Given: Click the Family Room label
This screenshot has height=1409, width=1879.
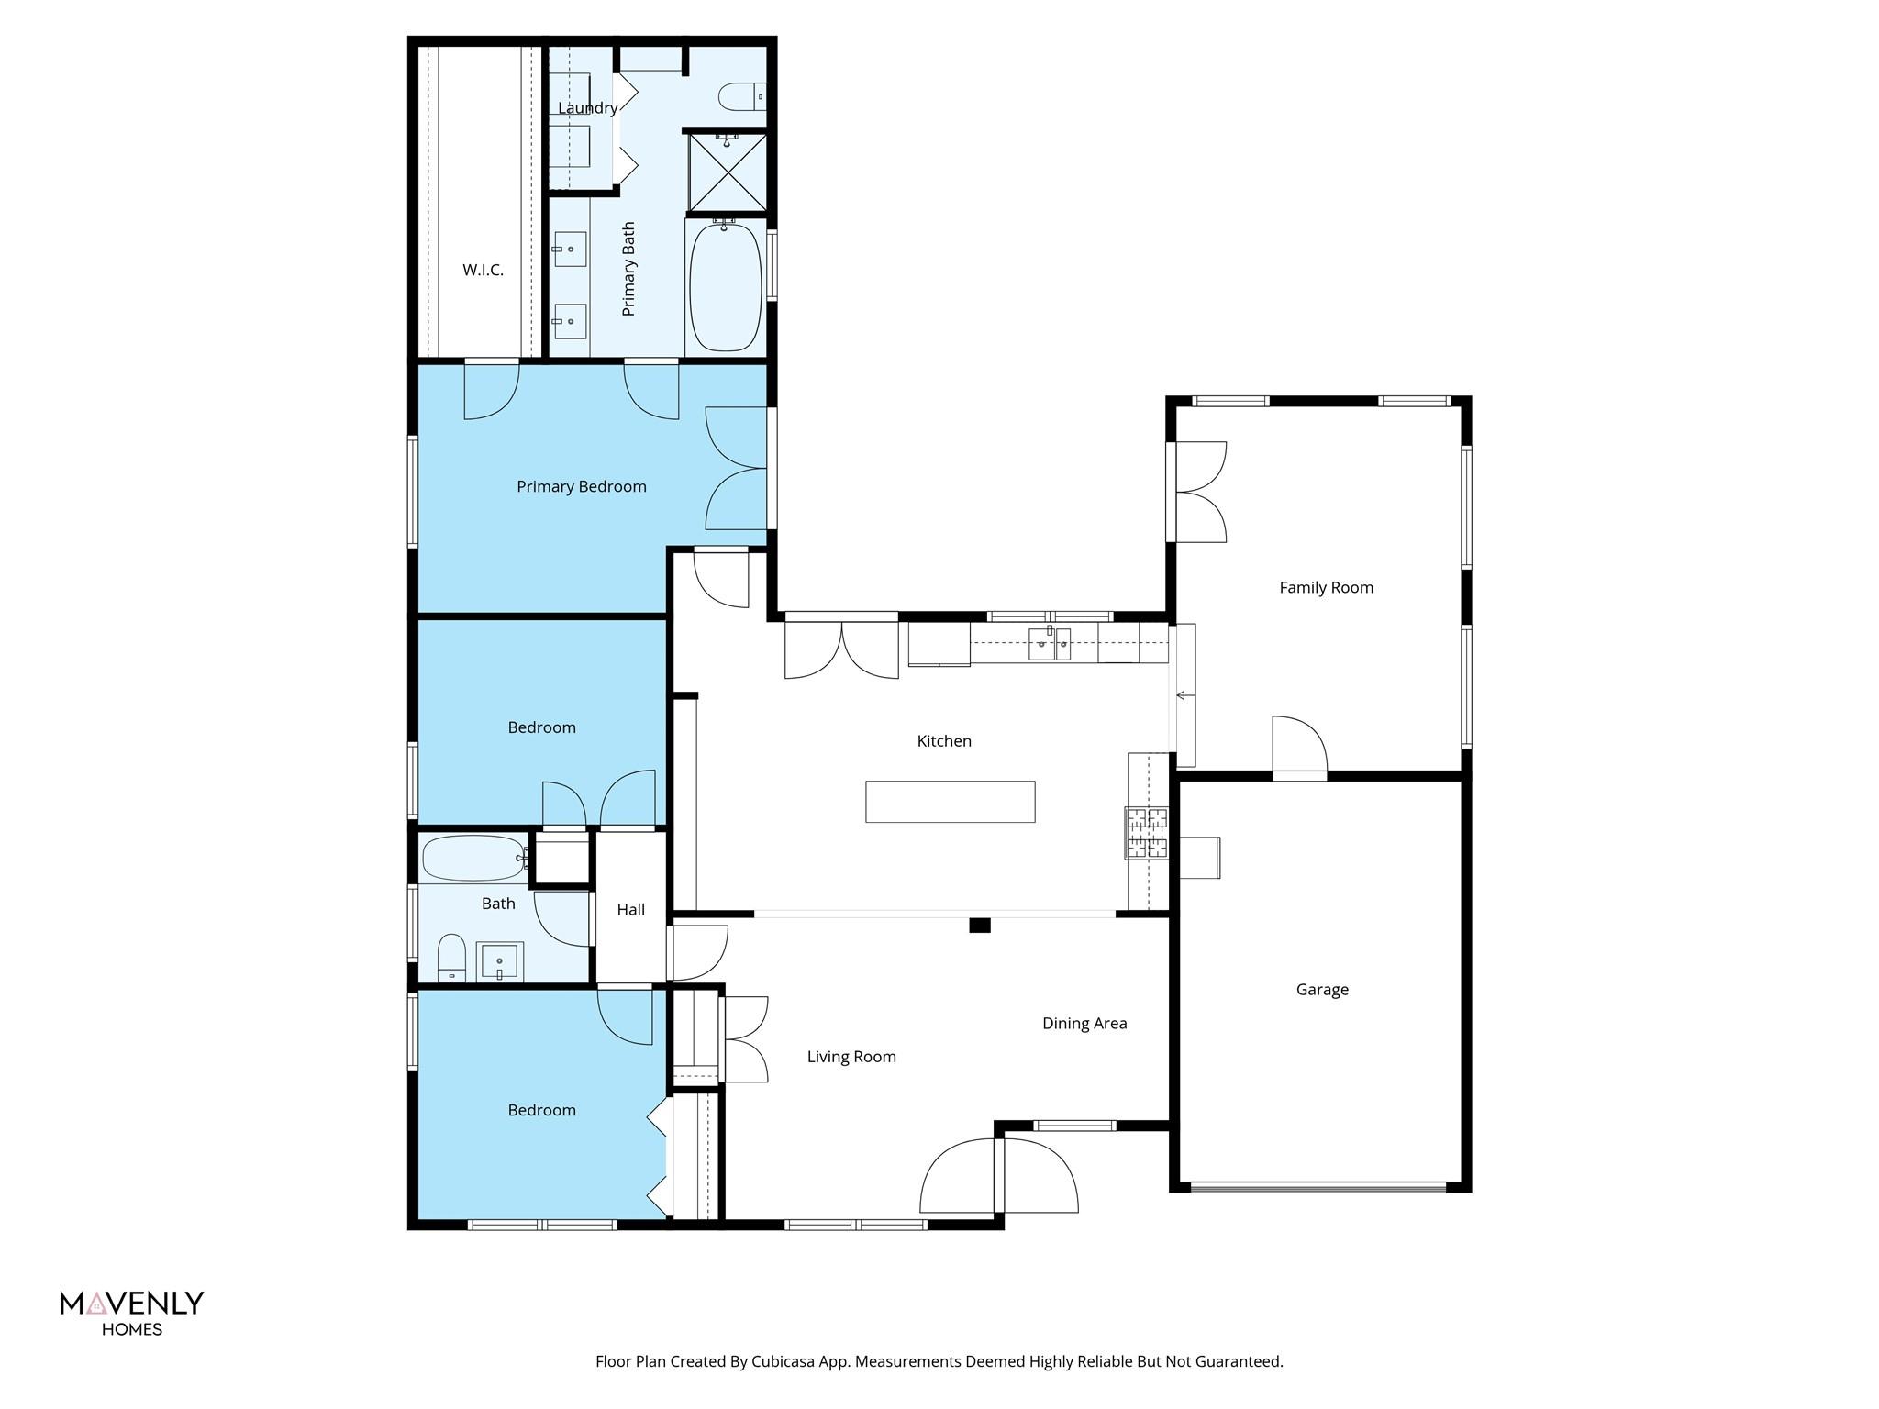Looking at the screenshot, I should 1326,587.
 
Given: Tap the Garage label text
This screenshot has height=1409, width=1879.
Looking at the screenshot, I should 1322,989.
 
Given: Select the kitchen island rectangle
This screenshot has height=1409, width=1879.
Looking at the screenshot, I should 950,801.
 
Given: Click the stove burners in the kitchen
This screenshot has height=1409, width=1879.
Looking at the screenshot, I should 1147,832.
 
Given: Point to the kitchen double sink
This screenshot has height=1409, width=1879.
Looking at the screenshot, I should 1049,644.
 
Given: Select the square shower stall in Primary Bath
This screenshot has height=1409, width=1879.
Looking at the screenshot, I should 727,172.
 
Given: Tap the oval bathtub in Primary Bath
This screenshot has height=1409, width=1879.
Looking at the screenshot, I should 725,287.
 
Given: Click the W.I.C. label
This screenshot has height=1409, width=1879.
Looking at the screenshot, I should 483,270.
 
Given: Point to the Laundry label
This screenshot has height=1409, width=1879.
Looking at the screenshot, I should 587,108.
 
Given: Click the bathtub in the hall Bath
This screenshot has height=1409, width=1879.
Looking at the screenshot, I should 473,858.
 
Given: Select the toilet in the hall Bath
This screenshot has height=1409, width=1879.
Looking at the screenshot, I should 451,959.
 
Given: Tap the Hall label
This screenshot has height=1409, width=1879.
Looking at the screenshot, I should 630,909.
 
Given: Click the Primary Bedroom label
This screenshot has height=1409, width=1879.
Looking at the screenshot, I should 581,486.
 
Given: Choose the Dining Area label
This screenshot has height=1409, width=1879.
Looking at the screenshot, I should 1084,1023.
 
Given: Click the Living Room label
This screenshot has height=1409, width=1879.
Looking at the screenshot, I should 851,1056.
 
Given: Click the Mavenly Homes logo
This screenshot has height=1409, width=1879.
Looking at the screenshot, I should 131,1312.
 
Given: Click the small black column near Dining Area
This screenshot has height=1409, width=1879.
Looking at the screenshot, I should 980,925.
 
